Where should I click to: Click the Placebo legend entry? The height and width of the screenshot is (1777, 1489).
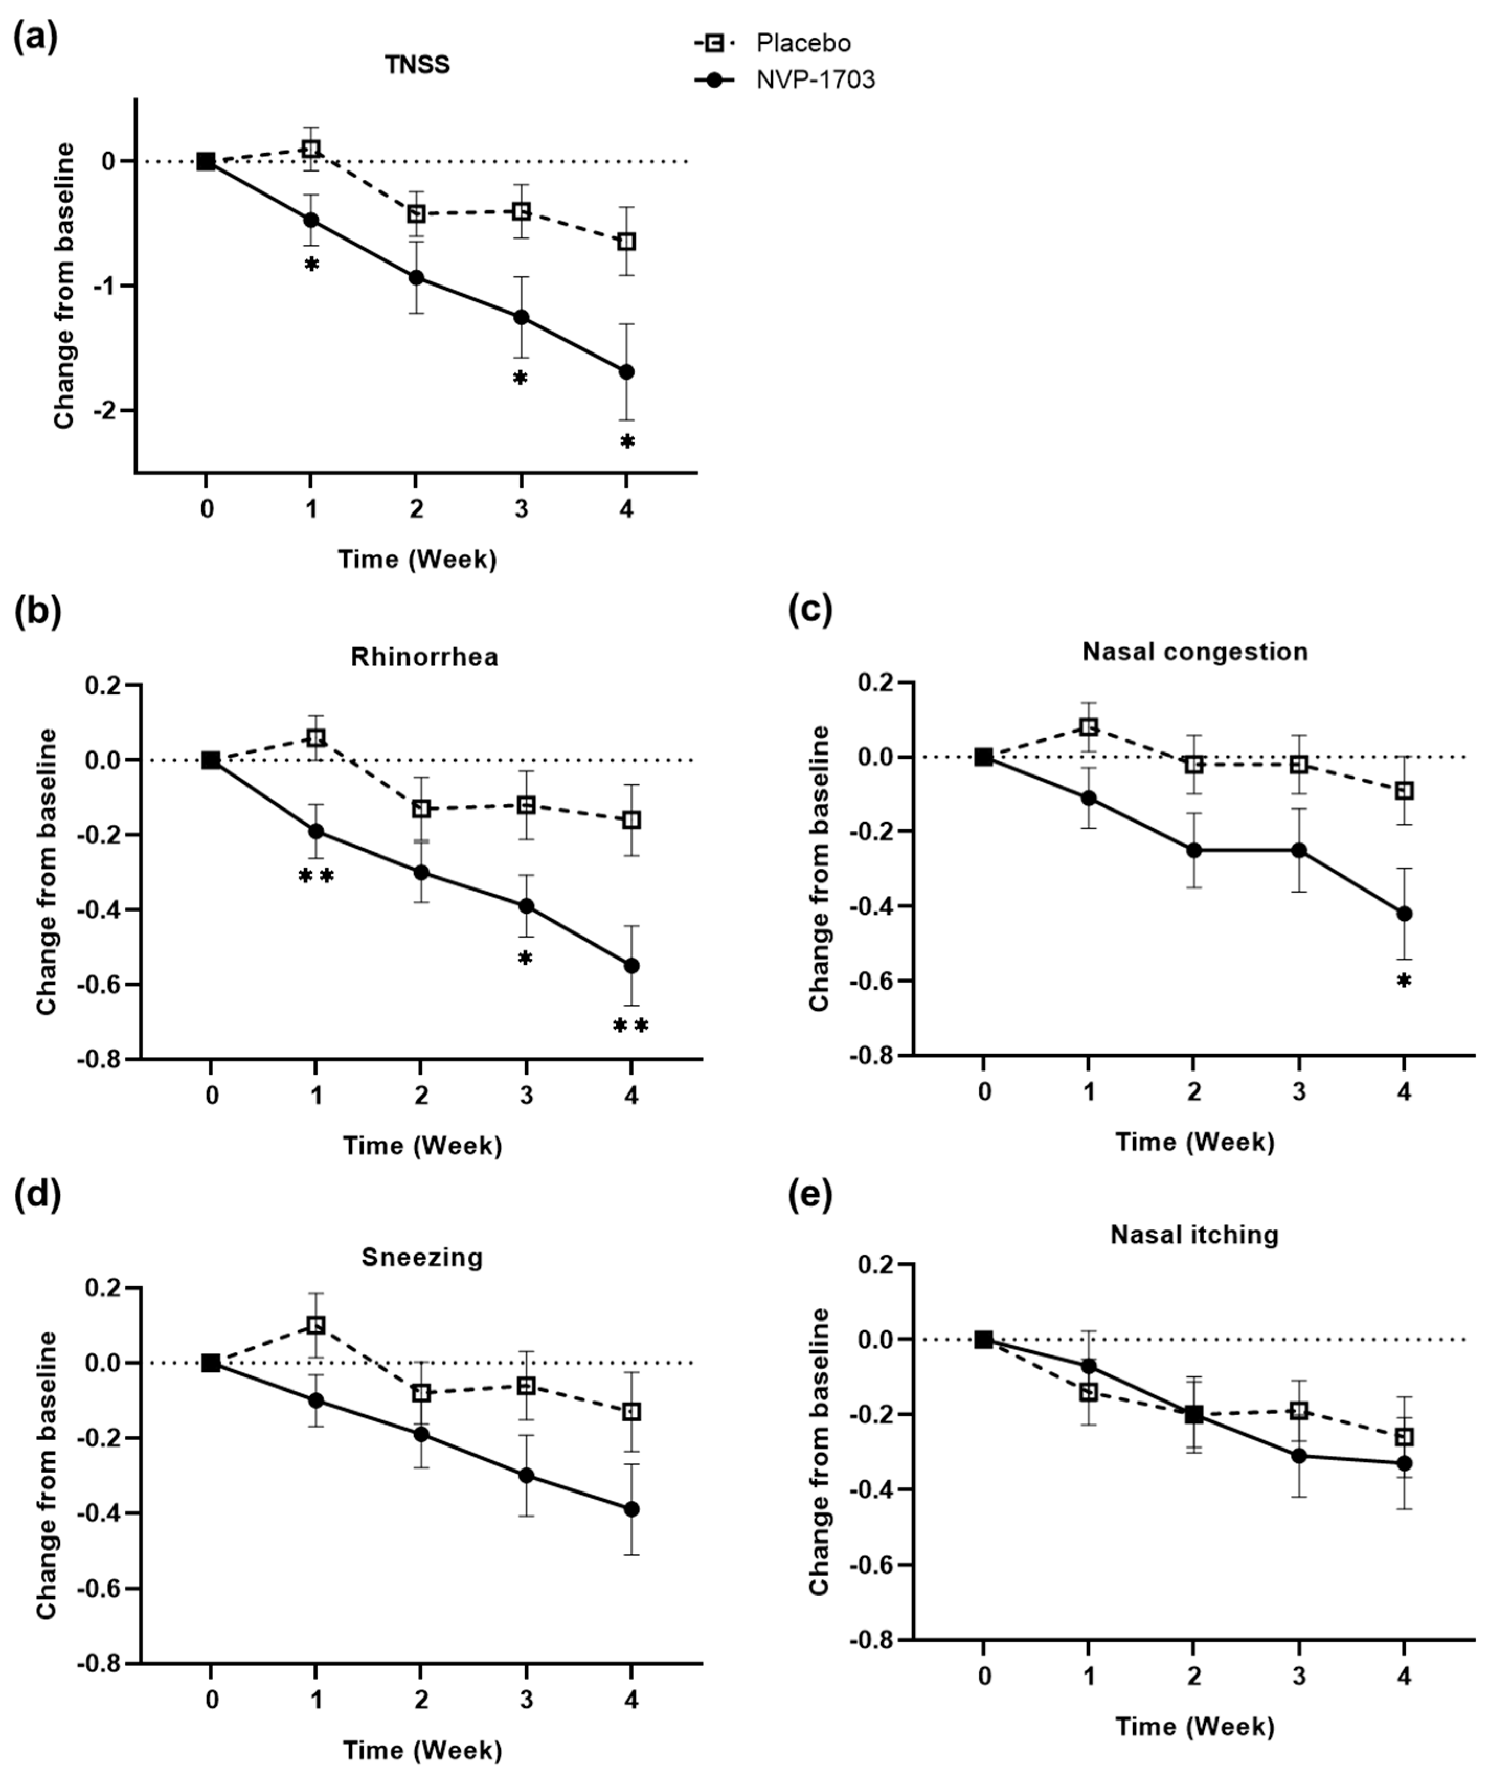click(803, 43)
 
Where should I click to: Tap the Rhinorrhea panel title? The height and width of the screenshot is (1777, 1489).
click(424, 657)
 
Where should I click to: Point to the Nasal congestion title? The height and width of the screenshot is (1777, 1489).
click(1194, 652)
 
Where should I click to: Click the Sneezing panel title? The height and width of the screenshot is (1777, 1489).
click(422, 1257)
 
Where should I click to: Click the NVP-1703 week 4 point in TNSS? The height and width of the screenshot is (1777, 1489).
click(626, 372)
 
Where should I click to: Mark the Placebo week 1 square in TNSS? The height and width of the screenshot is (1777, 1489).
click(311, 149)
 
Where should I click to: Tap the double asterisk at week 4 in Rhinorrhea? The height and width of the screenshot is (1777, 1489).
click(630, 1027)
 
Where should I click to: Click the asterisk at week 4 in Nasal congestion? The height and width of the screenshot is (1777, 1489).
click(1404, 982)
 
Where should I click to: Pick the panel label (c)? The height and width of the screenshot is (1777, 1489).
click(810, 610)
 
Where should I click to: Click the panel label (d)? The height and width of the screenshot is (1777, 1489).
click(38, 1195)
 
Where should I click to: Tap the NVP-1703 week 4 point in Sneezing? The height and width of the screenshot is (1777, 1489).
click(630, 1510)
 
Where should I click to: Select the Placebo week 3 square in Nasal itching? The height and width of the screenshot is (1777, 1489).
click(1299, 1410)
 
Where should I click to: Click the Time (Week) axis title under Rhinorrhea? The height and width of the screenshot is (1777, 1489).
click(422, 1146)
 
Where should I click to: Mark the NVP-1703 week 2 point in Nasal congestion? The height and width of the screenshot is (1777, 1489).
click(1193, 850)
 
